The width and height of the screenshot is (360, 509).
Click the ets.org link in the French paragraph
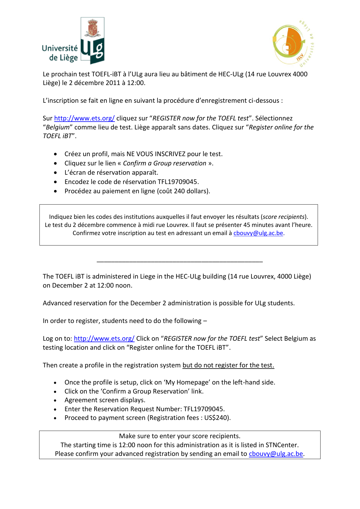pyautogui.click(x=84, y=118)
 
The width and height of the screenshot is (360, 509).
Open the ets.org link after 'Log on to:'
pyautogui.click(x=104, y=339)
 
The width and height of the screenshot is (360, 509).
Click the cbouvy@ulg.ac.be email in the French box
pyautogui.click(x=258, y=233)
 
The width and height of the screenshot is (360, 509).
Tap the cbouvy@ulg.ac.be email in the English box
pyautogui.click(x=276, y=454)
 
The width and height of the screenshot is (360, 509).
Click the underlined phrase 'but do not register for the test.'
pyautogui.click(x=228, y=365)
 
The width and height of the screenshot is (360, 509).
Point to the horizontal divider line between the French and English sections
pyautogui.click(x=180, y=262)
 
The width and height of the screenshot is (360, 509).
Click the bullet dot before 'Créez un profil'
pyautogui.click(x=55, y=154)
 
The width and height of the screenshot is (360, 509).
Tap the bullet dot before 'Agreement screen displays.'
pyautogui.click(x=55, y=400)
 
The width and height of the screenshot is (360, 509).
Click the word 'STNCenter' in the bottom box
pyautogui.click(x=282, y=445)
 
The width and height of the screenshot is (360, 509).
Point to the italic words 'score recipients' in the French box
pyautogui.click(x=284, y=217)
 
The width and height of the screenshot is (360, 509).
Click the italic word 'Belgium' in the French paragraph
pyautogui.click(x=58, y=127)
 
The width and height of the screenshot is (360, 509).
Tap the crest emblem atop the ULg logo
pyautogui.click(x=92, y=28)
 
